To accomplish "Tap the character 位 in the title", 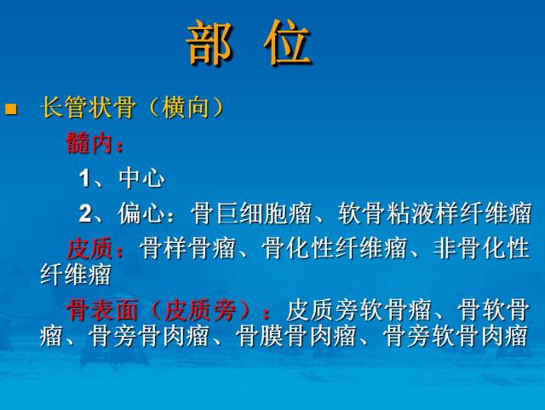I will pyautogui.click(x=288, y=43).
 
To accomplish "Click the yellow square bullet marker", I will pyautogui.click(x=11, y=108).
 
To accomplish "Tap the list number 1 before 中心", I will pyautogui.click(x=84, y=178).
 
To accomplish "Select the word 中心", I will pyautogui.click(x=142, y=178).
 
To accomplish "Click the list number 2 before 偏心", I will pyautogui.click(x=84, y=213).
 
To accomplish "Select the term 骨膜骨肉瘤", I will pyautogui.click(x=296, y=335).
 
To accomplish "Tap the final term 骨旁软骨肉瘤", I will pyautogui.click(x=456, y=335).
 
